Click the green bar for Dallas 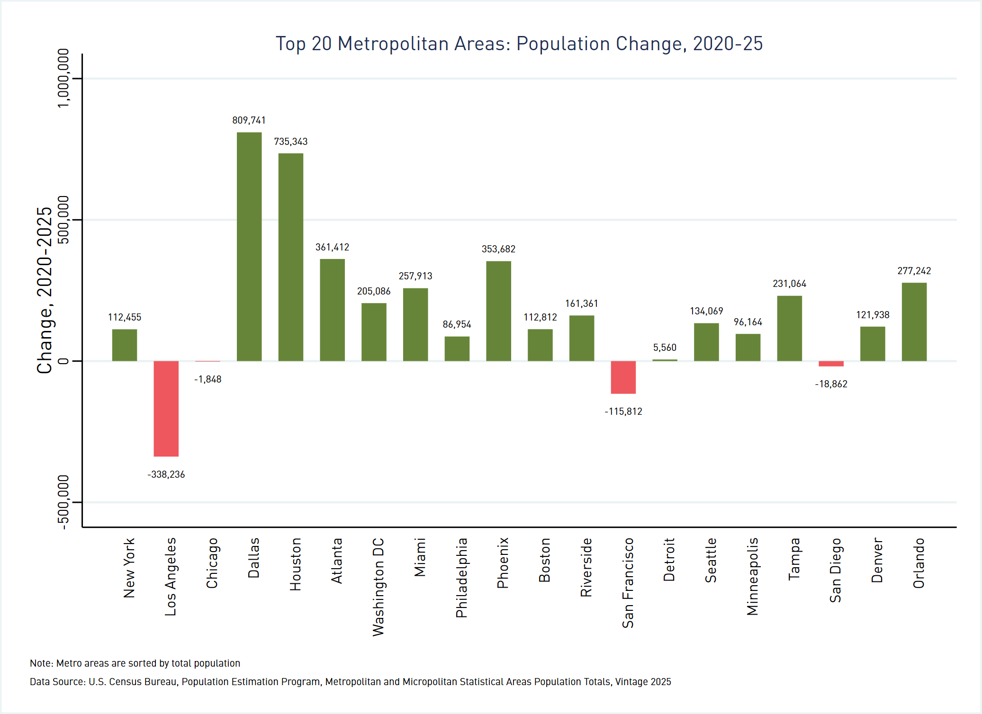249,246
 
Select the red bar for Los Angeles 166,409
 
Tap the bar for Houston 291,257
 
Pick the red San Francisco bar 623,377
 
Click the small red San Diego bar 831,364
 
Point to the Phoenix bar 498,311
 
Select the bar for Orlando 914,322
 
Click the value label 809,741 249,120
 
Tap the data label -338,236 166,474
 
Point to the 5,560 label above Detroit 665,348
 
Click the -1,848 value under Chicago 208,379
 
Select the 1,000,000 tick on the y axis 63,78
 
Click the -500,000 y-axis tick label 63,502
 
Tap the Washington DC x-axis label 378,587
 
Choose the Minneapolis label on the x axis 752,576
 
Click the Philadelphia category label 461,578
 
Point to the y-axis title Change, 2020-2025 45,290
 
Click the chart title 519,44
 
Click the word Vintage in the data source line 631,682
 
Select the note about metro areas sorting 135,663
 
